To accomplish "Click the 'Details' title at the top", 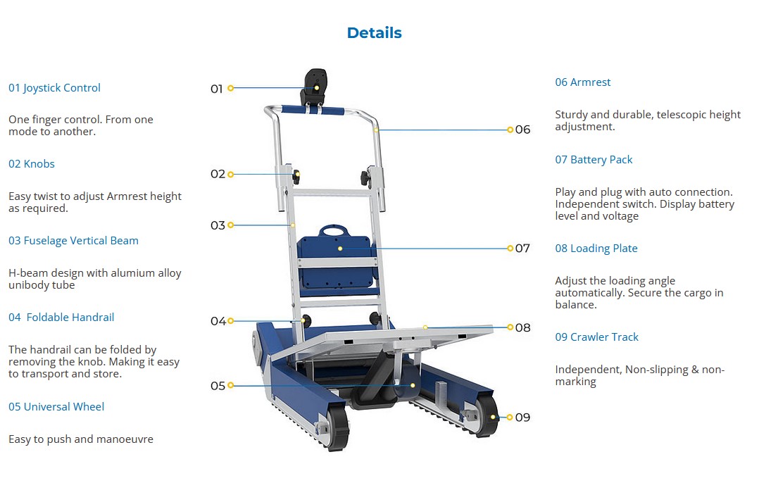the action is [x=374, y=33].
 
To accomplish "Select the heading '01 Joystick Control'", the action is [x=54, y=88].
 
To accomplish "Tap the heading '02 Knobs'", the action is [x=32, y=164].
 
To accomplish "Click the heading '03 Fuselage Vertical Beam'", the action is [x=73, y=241].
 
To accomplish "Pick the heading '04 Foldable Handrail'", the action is [x=61, y=318].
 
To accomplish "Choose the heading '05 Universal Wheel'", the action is [x=56, y=407].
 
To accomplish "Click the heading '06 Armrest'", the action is [x=582, y=82].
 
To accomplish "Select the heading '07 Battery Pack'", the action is [x=594, y=160].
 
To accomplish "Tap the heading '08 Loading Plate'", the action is [x=596, y=249].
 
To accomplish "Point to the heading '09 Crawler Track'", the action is [x=596, y=337].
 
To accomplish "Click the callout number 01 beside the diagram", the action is [x=216, y=89].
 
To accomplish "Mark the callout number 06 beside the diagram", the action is [x=522, y=130].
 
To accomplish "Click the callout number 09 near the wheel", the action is [x=522, y=418].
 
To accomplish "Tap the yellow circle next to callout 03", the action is [x=230, y=225].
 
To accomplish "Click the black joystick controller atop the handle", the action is [x=314, y=87].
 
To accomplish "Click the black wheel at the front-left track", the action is [x=338, y=427].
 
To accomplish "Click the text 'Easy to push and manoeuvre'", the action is [x=81, y=439].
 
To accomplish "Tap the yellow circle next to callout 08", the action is [x=510, y=327].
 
